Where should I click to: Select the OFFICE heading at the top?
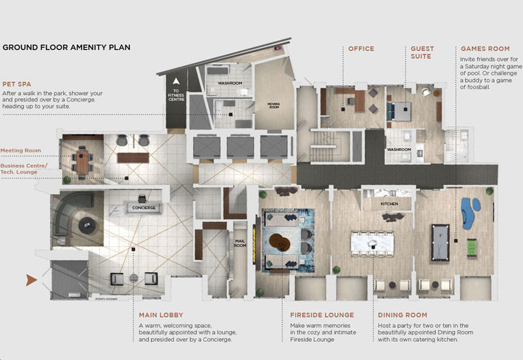[x=361, y=49]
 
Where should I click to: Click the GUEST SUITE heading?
[x=421, y=52]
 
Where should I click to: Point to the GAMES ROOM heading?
[x=485, y=49]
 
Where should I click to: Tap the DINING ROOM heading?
[x=401, y=315]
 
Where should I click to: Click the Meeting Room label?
[x=20, y=150]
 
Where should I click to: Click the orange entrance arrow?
[x=31, y=279]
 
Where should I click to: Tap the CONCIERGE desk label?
[x=145, y=208]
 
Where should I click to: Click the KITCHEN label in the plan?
[x=390, y=205]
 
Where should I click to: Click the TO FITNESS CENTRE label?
[x=176, y=94]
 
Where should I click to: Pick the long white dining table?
[x=372, y=242]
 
